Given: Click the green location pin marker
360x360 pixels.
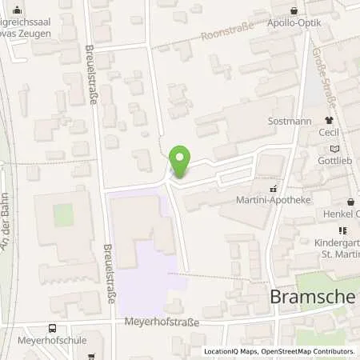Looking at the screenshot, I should (180, 163).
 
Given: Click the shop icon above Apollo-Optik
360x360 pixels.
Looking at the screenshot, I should (294, 11).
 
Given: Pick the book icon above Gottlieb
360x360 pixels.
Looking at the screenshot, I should (334, 148).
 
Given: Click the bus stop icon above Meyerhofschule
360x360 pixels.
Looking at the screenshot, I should (53, 328).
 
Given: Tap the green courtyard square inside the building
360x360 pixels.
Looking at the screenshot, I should (63, 214).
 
